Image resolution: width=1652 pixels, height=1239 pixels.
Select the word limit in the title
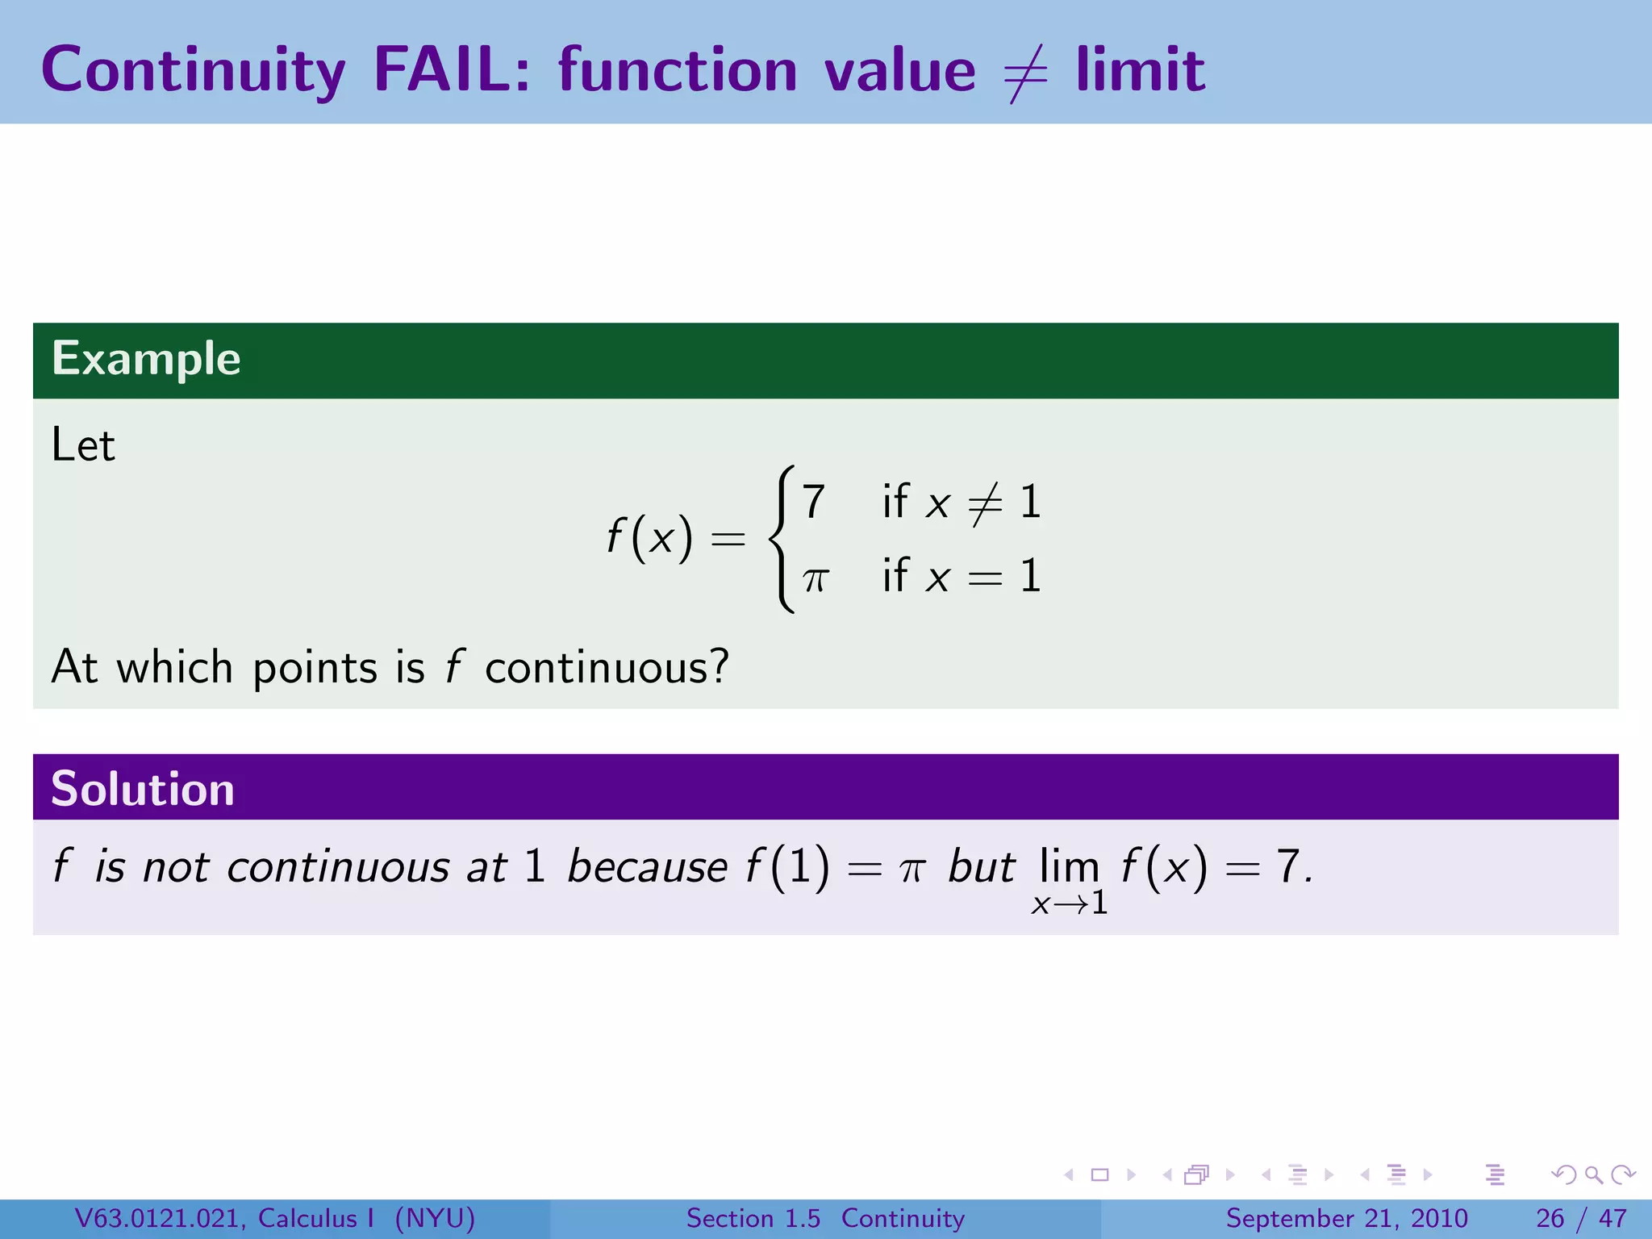point(1141,70)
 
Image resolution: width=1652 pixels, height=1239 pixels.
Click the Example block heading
point(146,359)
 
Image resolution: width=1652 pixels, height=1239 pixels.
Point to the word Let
point(83,445)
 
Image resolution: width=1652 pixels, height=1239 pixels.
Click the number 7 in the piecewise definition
point(813,502)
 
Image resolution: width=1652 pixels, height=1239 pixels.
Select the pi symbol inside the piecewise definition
point(816,578)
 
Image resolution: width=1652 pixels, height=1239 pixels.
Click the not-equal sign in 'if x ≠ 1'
point(985,504)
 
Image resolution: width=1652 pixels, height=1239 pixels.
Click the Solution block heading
point(143,789)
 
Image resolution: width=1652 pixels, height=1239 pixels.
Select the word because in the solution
point(647,868)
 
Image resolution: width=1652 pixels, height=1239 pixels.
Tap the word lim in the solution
point(1069,866)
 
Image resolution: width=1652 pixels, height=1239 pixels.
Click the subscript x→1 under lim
point(1070,903)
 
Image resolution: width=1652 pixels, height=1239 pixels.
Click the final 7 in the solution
point(1287,867)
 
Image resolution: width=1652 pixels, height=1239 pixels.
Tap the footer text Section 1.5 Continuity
point(825,1218)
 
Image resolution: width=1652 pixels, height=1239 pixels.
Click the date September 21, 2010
point(1346,1218)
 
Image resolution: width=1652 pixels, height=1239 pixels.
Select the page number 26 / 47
point(1581,1218)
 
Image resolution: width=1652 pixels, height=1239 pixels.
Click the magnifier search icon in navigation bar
point(1593,1174)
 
